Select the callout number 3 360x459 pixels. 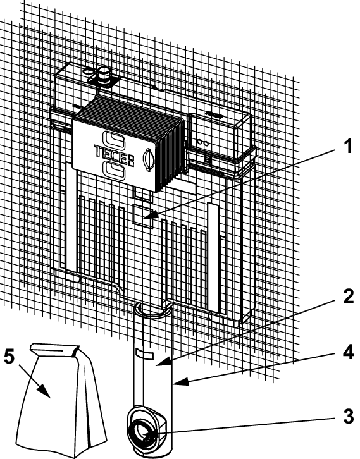pyautogui.click(x=348, y=416)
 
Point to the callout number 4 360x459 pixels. pyautogui.click(x=348, y=353)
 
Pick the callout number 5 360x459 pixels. pyautogui.click(x=9, y=357)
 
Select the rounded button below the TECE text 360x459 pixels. pyautogui.click(x=115, y=171)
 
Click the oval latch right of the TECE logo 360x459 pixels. pyautogui.click(x=147, y=159)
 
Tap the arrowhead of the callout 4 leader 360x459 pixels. pyautogui.click(x=179, y=382)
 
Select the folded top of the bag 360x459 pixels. pyautogui.click(x=55, y=350)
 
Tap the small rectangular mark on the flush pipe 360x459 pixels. pyautogui.click(x=145, y=355)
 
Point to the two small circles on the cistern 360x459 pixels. pyautogui.click(x=202, y=142)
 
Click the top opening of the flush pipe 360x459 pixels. pyautogui.click(x=152, y=310)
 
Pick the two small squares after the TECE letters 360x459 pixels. pyautogui.click(x=132, y=161)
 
